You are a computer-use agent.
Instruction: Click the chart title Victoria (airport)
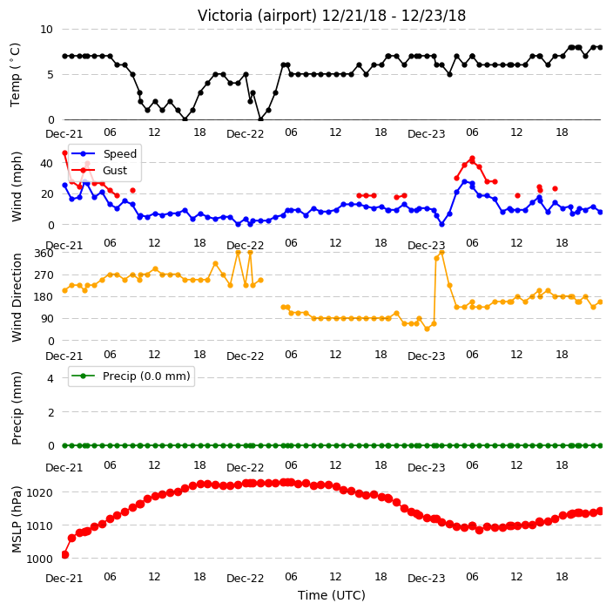(x=257, y=16)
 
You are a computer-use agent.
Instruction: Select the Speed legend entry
(x=104, y=153)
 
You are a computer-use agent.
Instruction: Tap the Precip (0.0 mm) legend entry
(x=131, y=376)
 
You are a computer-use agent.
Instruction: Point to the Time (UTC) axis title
(x=332, y=595)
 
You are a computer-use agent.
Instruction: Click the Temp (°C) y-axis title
(x=15, y=74)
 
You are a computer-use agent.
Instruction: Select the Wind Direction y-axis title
(x=16, y=297)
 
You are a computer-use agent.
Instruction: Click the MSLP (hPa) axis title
(x=16, y=519)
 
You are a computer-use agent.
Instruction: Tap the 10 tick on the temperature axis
(x=46, y=30)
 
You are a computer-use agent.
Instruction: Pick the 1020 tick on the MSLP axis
(x=39, y=492)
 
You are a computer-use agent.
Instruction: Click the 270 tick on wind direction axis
(x=44, y=275)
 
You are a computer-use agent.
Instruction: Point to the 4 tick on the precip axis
(x=51, y=378)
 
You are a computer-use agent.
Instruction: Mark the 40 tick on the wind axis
(x=46, y=163)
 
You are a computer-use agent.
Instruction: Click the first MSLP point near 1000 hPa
(x=65, y=554)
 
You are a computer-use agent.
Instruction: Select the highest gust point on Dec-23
(x=472, y=159)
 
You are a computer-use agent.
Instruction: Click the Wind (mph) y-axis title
(x=16, y=186)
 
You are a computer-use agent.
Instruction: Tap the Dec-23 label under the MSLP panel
(x=426, y=579)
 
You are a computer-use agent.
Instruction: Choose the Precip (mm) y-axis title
(x=16, y=408)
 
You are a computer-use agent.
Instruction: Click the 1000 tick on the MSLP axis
(x=39, y=559)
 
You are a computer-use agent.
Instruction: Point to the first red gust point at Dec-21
(x=65, y=153)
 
